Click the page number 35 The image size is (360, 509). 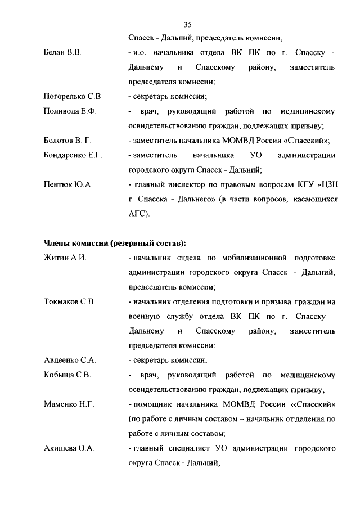pos(188,24)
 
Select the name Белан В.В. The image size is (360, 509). pos(63,53)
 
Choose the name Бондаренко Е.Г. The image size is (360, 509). pos(73,155)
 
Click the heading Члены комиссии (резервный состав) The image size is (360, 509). pos(115,244)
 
